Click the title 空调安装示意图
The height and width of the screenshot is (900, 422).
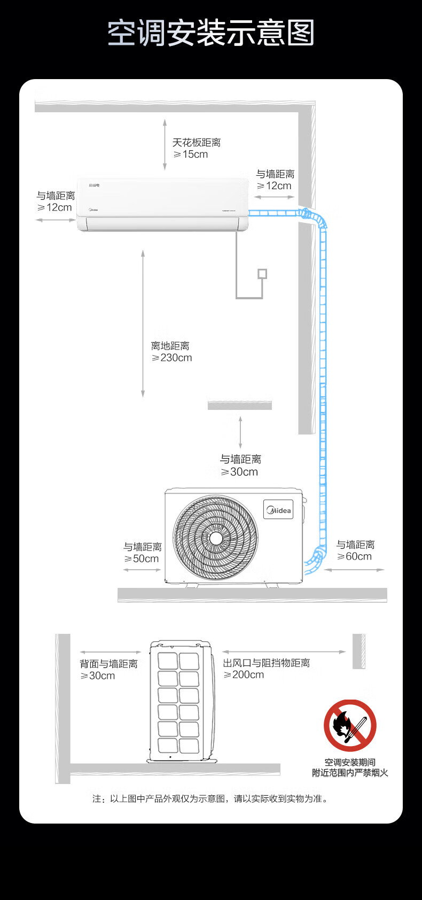click(211, 33)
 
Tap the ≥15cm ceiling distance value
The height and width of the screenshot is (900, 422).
click(191, 154)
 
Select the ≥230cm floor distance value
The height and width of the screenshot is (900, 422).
click(172, 358)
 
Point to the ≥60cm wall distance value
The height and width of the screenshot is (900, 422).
click(355, 556)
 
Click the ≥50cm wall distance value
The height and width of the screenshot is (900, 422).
click(142, 559)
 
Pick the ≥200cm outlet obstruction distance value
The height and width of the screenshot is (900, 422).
click(244, 675)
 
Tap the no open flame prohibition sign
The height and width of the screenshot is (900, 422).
click(350, 726)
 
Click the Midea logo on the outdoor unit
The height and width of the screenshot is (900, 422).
click(278, 510)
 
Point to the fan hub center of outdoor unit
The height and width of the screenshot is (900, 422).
click(216, 538)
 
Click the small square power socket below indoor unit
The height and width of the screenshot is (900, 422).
click(262, 274)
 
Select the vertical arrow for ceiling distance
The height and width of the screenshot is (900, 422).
click(165, 144)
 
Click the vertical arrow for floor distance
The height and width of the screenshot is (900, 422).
click(143, 323)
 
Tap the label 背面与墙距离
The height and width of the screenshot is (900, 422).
click(109, 664)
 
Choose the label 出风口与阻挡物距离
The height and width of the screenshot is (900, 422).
click(267, 663)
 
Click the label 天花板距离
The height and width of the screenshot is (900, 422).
click(197, 143)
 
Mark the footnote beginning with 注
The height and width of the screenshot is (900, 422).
click(211, 798)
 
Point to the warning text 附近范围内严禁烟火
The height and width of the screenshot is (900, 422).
click(350, 773)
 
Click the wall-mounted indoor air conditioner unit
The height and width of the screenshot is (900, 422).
click(163, 204)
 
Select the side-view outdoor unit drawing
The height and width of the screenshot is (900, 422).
click(180, 701)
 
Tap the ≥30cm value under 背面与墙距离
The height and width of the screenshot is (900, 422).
click(98, 676)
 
